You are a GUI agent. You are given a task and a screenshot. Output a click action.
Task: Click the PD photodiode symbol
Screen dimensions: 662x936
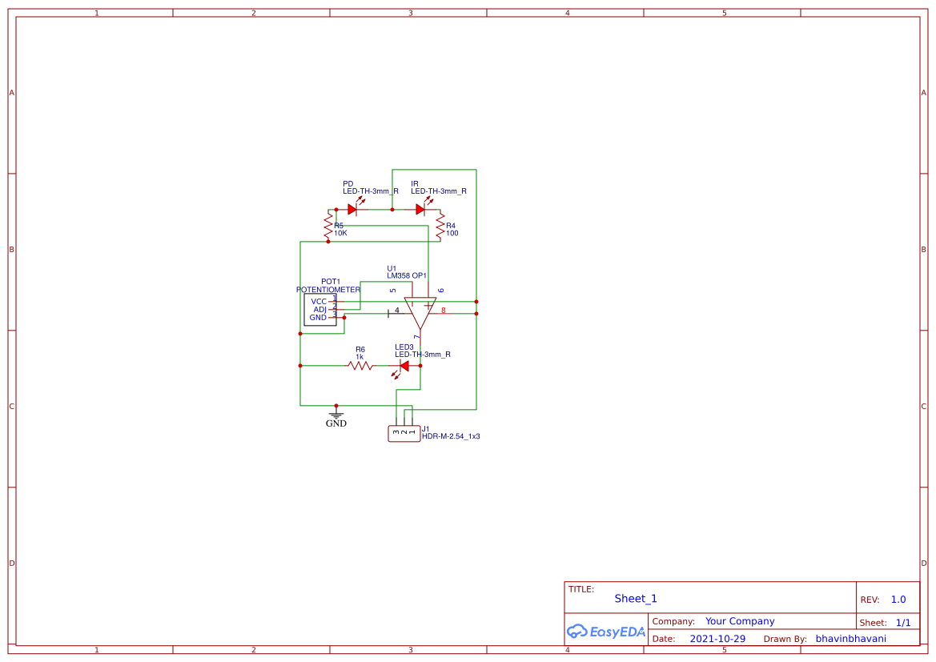(352, 210)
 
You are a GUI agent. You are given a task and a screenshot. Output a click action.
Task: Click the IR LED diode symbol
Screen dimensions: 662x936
(420, 210)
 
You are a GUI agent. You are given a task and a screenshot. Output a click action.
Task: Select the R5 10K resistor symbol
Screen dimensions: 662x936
(327, 225)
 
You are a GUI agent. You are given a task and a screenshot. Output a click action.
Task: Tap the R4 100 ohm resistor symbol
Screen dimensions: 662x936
(440, 226)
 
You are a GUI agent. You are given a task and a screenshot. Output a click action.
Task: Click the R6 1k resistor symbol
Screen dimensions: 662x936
(360, 366)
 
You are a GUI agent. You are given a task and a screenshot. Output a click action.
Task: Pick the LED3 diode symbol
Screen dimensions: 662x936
(404, 366)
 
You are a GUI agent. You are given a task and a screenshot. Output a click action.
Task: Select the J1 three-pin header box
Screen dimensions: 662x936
(404, 434)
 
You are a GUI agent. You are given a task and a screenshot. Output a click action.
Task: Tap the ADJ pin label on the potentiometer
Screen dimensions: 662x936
(319, 310)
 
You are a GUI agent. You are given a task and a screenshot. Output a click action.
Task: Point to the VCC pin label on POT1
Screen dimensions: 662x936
(319, 302)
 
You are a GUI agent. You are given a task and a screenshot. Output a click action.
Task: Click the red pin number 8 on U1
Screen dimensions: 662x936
(444, 310)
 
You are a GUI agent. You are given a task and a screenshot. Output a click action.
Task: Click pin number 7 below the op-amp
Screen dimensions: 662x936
(417, 338)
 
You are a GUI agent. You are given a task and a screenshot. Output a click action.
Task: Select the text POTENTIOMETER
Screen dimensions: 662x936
(328, 290)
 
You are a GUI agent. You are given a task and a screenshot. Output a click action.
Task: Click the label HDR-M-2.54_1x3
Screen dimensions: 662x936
(451, 437)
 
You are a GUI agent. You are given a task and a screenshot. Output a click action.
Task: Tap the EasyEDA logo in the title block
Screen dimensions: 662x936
(606, 632)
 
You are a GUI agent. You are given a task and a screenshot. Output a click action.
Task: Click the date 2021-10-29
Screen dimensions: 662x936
(717, 639)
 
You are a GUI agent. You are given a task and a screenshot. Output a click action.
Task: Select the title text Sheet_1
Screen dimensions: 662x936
(636, 599)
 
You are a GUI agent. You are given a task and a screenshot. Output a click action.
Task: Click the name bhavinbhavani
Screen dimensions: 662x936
(850, 639)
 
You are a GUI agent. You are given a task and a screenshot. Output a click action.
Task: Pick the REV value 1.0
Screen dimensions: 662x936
(898, 600)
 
